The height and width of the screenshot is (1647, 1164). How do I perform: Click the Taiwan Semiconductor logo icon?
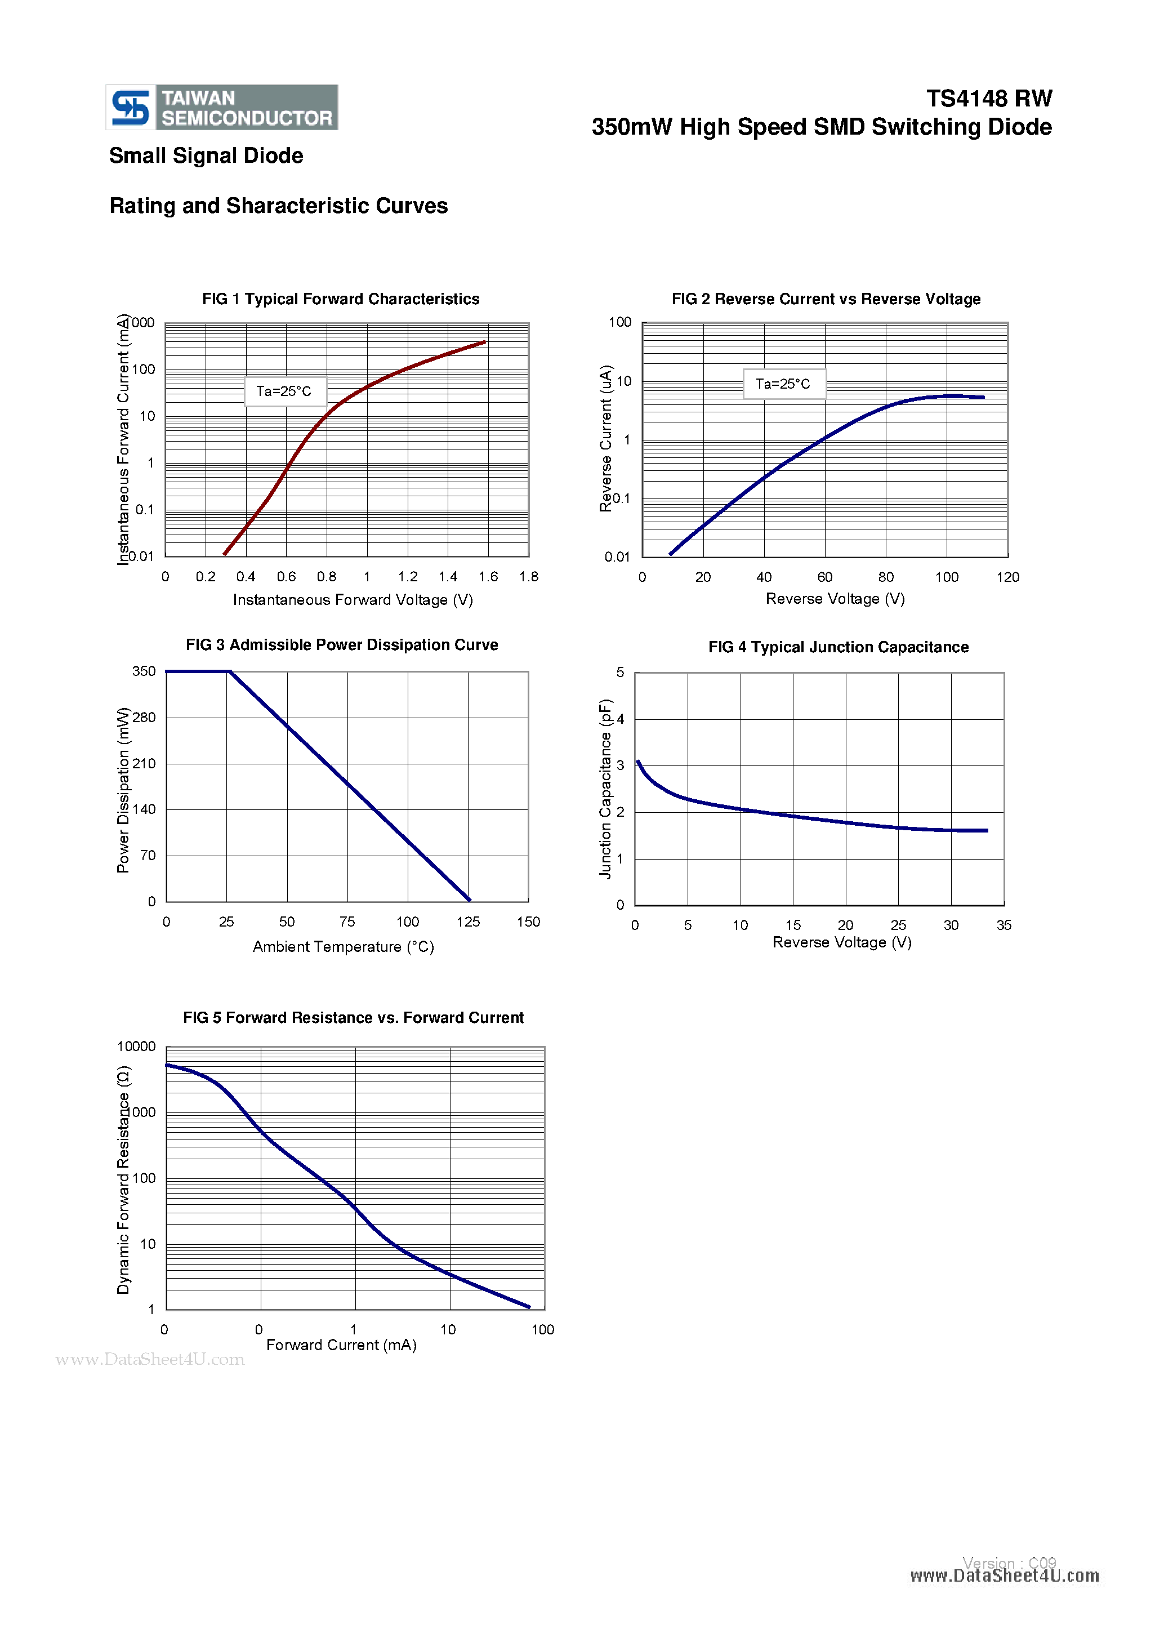pos(131,108)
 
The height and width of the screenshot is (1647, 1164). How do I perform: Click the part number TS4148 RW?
pos(988,98)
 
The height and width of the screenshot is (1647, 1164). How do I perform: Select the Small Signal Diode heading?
pos(206,155)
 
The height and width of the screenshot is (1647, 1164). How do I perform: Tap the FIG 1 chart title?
pos(341,299)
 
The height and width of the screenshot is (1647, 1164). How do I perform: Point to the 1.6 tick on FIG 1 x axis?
pos(488,577)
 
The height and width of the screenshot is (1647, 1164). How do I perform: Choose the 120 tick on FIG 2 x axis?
pos(1007,577)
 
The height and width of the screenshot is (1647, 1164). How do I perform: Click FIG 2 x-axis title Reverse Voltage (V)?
pos(835,599)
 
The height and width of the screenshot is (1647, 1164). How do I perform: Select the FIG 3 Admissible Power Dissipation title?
pos(341,645)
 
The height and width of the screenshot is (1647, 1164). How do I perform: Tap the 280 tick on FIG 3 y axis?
pos(144,718)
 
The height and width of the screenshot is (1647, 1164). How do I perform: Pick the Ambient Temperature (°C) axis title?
pos(343,947)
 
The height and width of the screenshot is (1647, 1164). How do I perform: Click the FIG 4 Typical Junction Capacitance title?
pos(838,647)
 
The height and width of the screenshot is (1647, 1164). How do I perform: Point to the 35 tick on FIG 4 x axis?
pos(1004,925)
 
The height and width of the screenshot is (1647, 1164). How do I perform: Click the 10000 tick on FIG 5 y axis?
pos(136,1047)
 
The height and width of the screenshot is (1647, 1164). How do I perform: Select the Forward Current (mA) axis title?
pos(341,1345)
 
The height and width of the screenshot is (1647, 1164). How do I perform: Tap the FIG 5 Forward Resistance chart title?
pos(353,1018)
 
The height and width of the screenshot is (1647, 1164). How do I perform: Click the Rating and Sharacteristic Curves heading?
pos(278,206)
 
